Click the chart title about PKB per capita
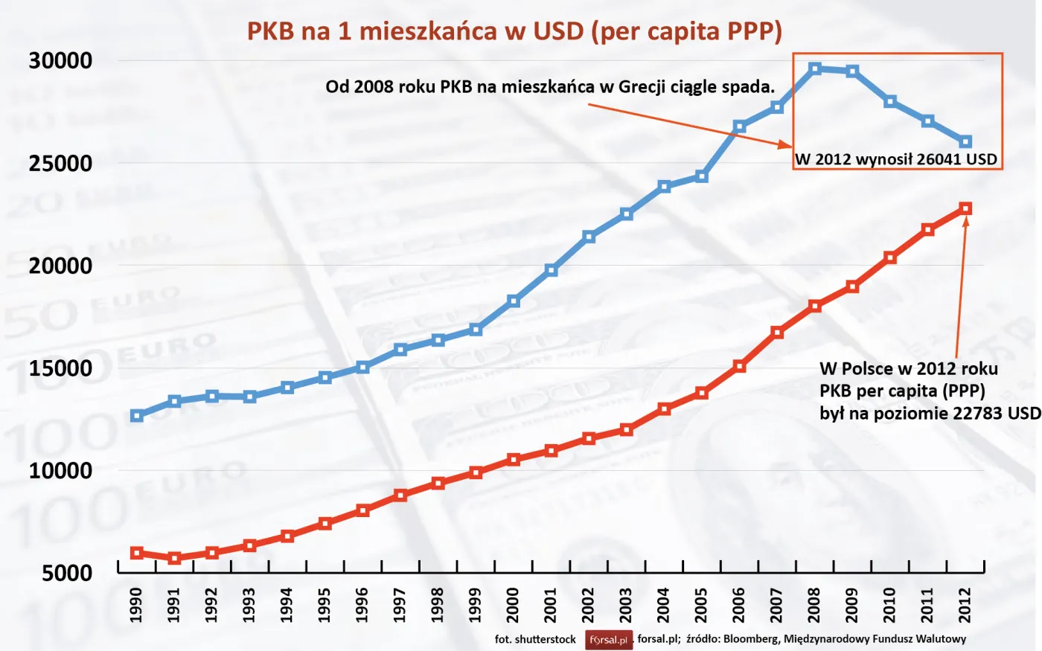tap(514, 31)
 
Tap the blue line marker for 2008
tap(815, 68)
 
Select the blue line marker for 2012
tap(965, 142)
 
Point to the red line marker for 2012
tap(965, 209)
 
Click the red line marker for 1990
tap(137, 553)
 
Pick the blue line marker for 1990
tap(137, 416)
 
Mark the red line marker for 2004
tap(665, 409)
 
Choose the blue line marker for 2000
tap(514, 301)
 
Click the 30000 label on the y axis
tap(60, 61)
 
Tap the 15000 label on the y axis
tap(60, 368)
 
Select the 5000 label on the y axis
tap(67, 573)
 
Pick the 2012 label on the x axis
tap(965, 605)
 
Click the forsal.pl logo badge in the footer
tap(609, 640)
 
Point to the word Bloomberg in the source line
tap(751, 639)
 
